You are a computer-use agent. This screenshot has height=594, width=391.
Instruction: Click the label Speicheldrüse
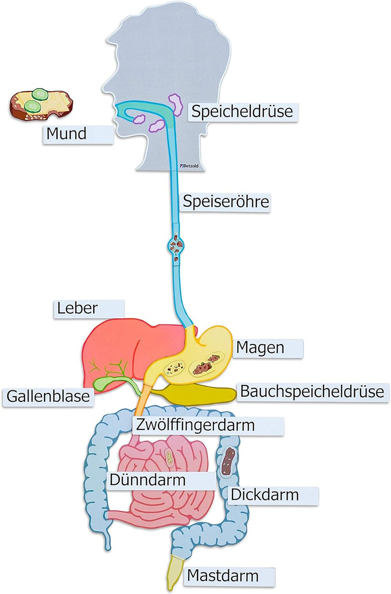pos(242,112)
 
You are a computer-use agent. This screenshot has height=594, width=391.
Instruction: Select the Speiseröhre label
pos(225,202)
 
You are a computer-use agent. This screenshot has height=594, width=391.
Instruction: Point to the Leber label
pos(89,308)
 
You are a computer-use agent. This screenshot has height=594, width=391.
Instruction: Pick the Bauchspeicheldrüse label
pos(311,392)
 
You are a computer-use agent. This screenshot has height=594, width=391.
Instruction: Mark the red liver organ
pos(117,344)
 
